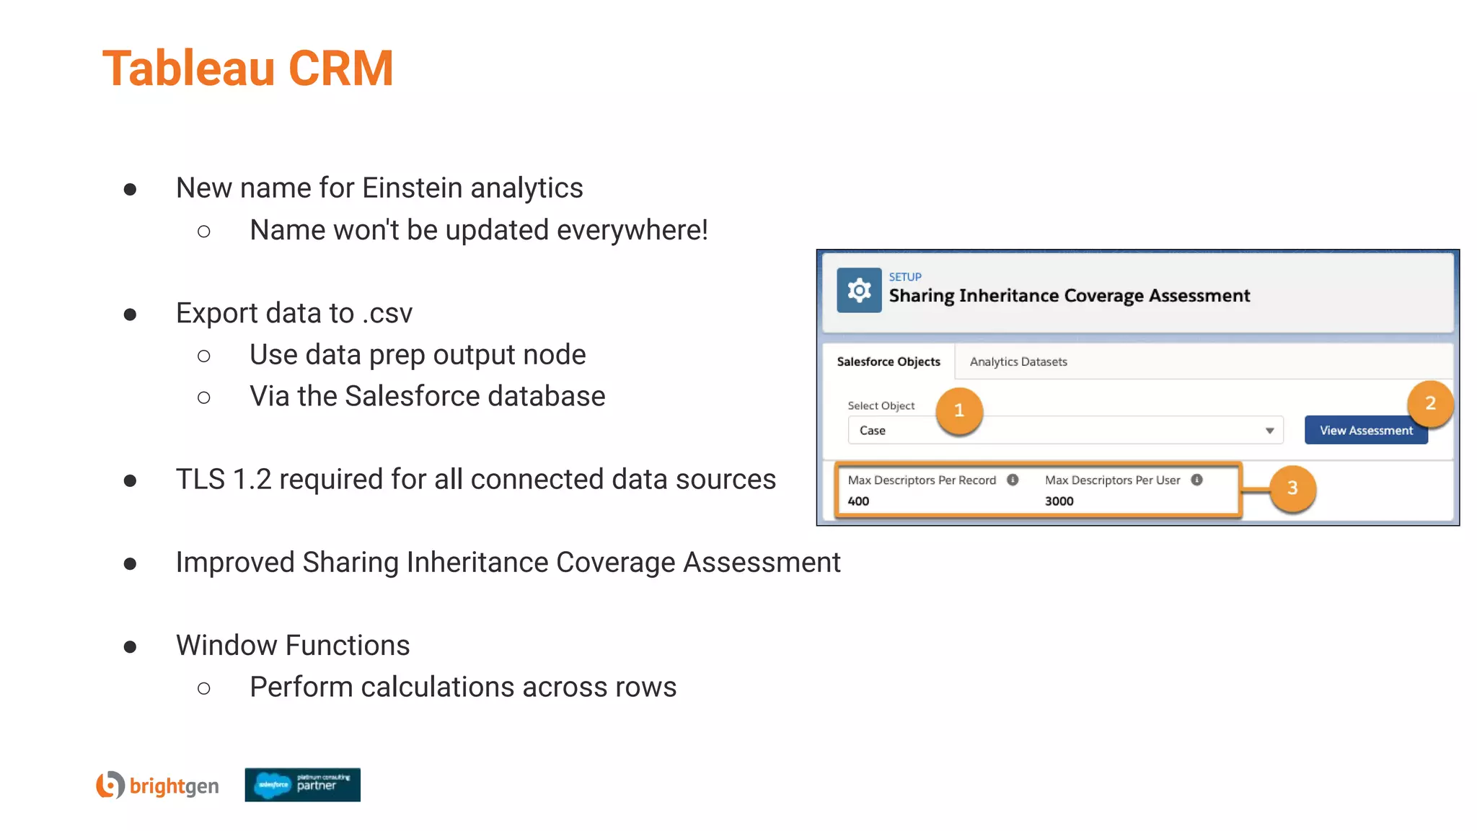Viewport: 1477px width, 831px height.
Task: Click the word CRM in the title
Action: [x=340, y=69]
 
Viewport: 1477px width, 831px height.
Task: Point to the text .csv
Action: [x=387, y=313]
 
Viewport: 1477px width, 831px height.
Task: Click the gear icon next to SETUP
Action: [x=859, y=290]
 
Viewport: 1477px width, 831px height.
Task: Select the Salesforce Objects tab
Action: [x=889, y=361]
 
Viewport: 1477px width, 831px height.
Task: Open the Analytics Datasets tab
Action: [x=1018, y=361]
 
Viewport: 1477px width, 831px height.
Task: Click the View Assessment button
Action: [x=1366, y=430]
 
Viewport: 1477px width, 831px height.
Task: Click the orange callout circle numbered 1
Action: [x=959, y=410]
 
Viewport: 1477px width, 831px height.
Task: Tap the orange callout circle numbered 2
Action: [x=1430, y=403]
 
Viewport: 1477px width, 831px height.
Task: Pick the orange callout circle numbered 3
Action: [x=1292, y=488]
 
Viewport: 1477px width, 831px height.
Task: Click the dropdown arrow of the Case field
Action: [x=1269, y=431]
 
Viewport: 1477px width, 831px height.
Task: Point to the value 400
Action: [x=858, y=501]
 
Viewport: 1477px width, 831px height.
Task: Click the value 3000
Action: [x=1059, y=501]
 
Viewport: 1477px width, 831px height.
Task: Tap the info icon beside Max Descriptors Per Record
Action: [x=1013, y=480]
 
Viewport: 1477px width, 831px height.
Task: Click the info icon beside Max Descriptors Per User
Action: [x=1196, y=480]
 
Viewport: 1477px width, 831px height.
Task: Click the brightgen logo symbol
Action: [x=110, y=785]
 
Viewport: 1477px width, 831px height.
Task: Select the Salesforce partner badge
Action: [x=302, y=785]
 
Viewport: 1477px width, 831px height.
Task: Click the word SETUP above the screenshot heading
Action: [x=905, y=277]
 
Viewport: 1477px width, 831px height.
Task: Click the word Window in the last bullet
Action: [x=223, y=645]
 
